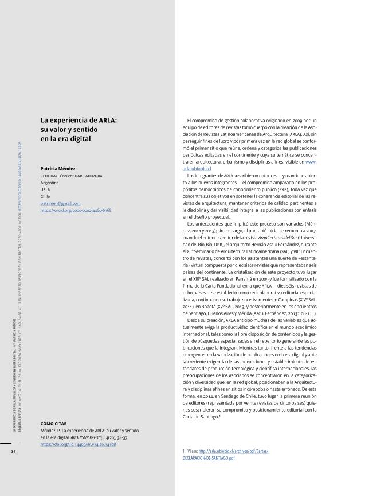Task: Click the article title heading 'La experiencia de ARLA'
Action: [78, 121]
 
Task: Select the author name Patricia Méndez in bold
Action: [60, 169]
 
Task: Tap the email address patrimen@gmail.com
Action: [60, 203]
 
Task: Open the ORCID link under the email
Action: [76, 210]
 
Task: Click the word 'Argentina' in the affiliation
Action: [50, 183]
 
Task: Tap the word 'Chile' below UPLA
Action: [45, 196]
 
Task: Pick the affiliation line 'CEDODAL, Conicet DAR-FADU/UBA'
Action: [72, 176]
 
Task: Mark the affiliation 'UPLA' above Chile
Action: [45, 189]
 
